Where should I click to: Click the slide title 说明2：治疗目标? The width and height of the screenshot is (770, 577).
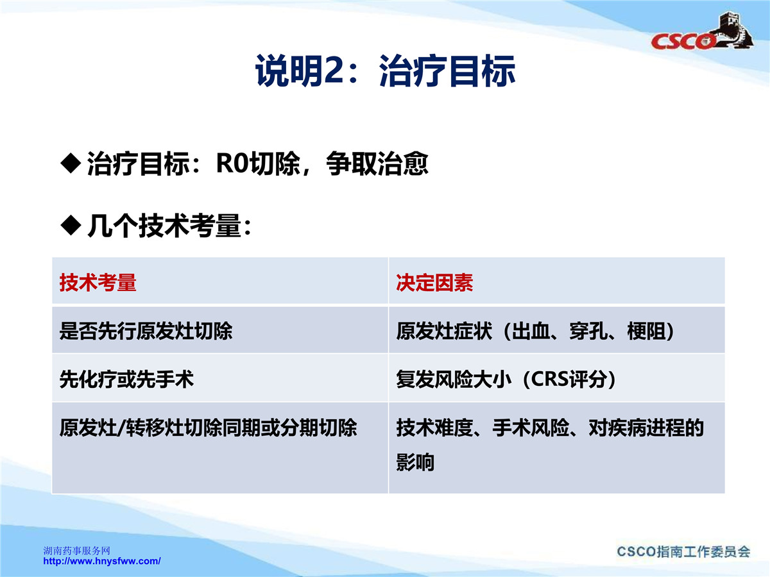point(385,71)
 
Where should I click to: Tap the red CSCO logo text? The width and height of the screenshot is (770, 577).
point(683,41)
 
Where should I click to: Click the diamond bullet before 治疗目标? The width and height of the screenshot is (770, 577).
point(71,163)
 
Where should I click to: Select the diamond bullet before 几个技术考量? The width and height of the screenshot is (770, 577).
point(71,225)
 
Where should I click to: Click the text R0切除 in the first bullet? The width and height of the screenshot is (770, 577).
point(258,163)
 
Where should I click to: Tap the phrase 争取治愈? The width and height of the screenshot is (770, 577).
point(377,163)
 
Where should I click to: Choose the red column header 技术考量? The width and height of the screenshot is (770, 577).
point(98,282)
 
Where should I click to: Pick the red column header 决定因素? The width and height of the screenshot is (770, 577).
point(434,282)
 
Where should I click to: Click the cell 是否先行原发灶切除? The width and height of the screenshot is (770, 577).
point(146,331)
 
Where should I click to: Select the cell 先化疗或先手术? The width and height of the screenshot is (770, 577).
point(126,379)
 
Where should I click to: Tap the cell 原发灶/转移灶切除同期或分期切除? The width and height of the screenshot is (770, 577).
point(209,428)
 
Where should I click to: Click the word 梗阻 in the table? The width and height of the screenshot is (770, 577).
point(646,331)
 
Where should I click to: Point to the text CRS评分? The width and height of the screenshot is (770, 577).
point(569,379)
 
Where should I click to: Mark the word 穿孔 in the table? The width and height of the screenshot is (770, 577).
point(588,331)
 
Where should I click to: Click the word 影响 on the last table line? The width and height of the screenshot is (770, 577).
point(415,462)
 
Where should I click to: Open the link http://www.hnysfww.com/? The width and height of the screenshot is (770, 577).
point(102,561)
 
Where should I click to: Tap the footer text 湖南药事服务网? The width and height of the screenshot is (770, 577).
point(77,551)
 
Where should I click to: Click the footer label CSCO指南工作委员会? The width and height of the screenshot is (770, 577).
point(683,551)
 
